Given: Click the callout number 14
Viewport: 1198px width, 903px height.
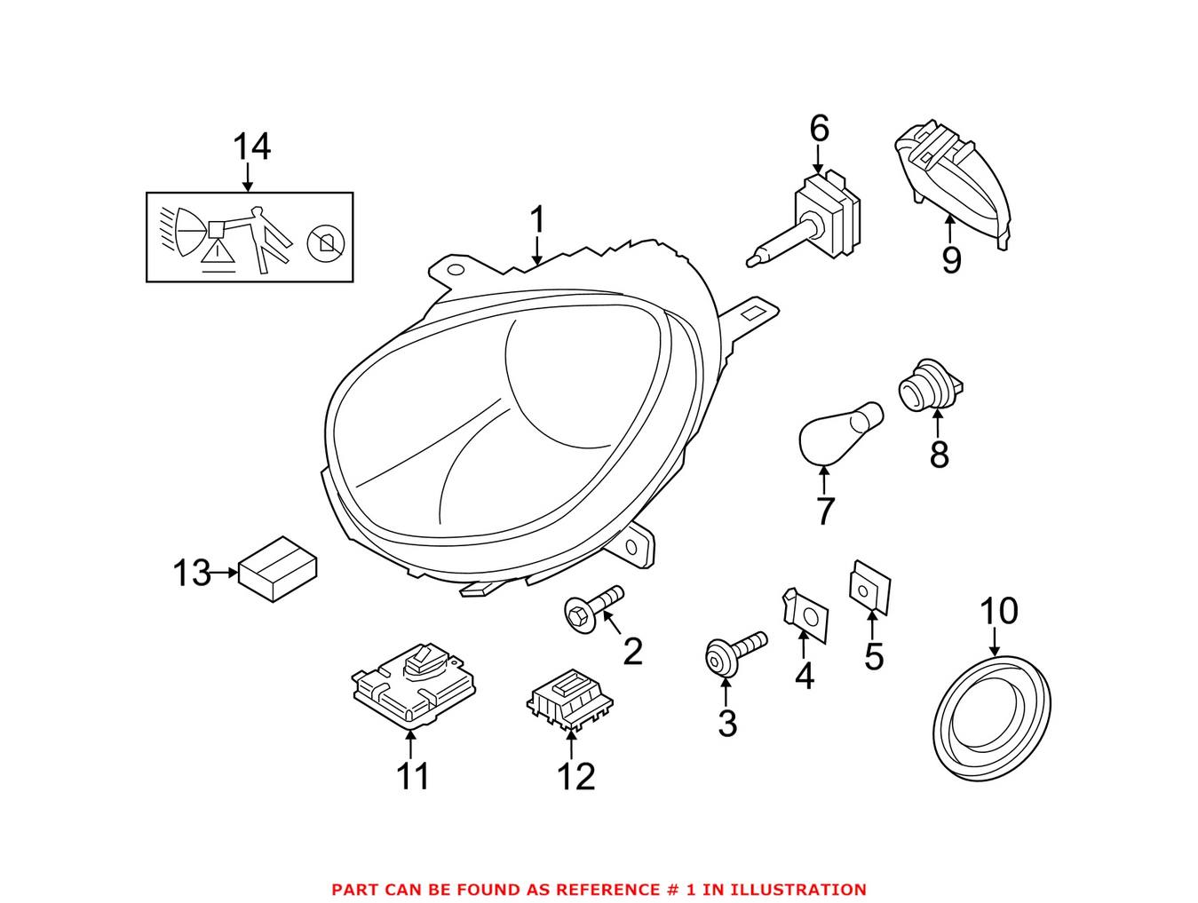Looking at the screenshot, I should [251, 147].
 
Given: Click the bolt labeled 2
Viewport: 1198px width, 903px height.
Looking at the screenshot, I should [593, 608].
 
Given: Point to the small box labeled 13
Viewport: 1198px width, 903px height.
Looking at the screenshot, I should [278, 569].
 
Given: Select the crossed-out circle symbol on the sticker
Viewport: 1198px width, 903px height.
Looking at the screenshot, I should [325, 242].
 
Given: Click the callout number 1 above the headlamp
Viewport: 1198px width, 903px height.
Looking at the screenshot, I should [536, 221].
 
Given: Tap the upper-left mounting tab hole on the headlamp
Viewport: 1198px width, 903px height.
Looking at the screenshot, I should [456, 269].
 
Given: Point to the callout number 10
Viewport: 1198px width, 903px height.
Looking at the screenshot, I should [997, 611].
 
